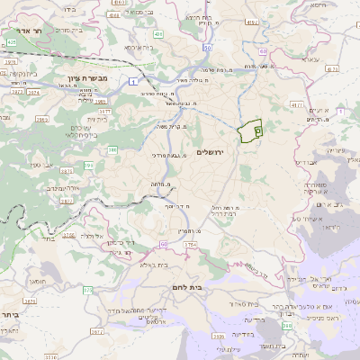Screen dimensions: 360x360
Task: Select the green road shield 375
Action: (87, 290)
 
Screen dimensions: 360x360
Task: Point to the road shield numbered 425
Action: (11, 41)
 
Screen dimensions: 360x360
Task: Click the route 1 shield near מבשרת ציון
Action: (132, 82)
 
